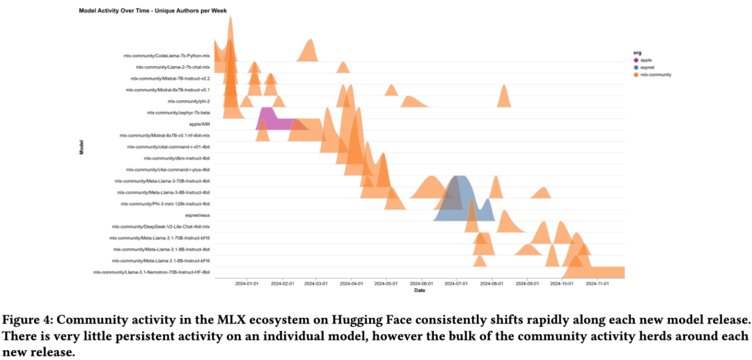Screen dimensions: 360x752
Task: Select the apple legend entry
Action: pos(648,60)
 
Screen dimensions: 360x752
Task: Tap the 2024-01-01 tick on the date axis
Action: pos(246,284)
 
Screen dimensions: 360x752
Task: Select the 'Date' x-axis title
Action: pos(419,290)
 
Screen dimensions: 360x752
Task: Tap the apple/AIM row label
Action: pos(200,124)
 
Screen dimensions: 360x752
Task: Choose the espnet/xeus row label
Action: pos(197,215)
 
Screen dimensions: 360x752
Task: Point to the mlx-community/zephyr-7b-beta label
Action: pos(179,113)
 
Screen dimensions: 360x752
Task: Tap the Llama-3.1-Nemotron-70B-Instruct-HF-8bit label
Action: pos(151,272)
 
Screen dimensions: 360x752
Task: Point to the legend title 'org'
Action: pos(636,52)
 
